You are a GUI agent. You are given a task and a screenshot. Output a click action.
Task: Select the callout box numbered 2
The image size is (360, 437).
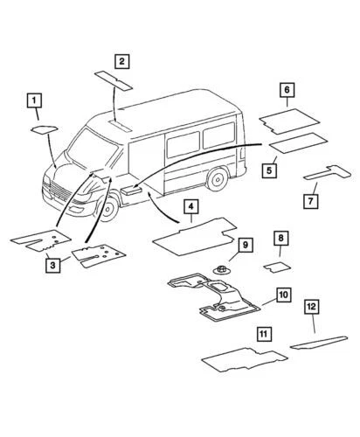coord(122,61)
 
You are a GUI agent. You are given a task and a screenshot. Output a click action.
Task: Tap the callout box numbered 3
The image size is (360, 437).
coord(54,265)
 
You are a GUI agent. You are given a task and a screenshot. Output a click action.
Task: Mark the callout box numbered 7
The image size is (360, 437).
coord(311,202)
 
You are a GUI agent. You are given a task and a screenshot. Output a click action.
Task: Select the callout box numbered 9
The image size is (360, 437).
coord(245,245)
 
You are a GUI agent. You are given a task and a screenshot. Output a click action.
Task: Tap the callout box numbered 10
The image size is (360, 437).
coord(282,295)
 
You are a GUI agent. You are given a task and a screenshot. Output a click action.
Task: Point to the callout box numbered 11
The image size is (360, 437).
coord(264,333)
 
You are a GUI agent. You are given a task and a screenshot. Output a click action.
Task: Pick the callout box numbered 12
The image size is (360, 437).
coord(313,306)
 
